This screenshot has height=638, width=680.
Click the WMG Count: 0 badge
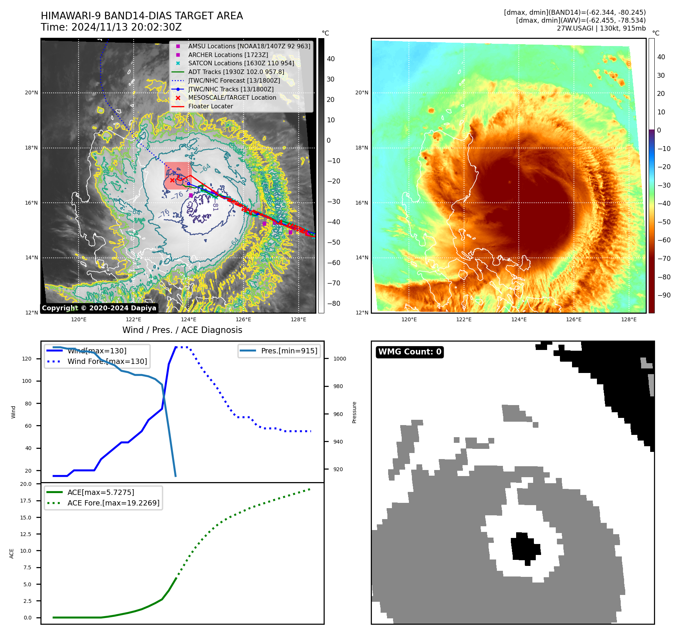(x=410, y=352)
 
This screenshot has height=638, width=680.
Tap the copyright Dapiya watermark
(x=99, y=308)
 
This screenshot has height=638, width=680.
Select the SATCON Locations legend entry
(x=241, y=63)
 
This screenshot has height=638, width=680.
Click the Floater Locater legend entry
(x=210, y=106)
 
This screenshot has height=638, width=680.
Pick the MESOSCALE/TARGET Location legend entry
(x=232, y=98)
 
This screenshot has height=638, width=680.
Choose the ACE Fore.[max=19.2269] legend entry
(x=113, y=503)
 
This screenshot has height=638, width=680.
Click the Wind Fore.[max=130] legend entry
(x=107, y=361)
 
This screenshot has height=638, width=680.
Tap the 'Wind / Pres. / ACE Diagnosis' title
(x=182, y=330)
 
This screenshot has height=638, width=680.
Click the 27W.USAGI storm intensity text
(x=601, y=28)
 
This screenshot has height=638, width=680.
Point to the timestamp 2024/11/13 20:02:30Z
(x=126, y=27)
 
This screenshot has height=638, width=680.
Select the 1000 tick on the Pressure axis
(x=339, y=359)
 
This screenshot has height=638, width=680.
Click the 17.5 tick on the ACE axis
(x=26, y=501)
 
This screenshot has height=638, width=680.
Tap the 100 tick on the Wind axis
(x=26, y=381)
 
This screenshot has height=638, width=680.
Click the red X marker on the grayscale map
(x=172, y=180)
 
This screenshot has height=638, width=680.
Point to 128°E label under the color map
(x=629, y=319)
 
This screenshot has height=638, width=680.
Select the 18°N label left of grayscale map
(x=31, y=148)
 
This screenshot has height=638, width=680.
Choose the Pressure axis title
(x=354, y=412)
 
